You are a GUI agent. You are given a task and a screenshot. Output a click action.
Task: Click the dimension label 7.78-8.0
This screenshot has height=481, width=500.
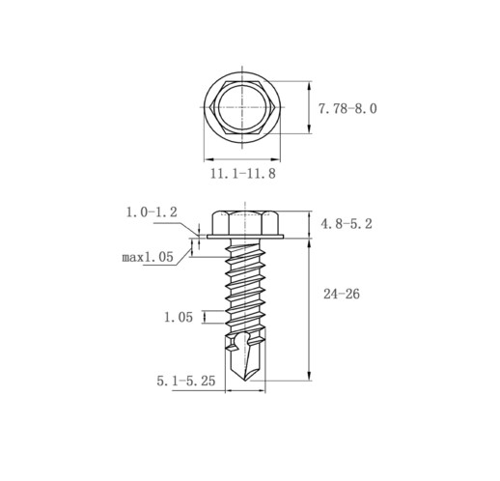pyautogui.click(x=347, y=108)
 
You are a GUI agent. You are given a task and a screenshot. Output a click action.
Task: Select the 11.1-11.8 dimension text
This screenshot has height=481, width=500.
pyautogui.click(x=243, y=174)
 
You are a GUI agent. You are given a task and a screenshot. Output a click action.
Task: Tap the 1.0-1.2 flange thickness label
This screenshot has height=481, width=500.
pyautogui.click(x=152, y=212)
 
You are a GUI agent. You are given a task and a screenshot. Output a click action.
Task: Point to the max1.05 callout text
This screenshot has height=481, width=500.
pyautogui.click(x=148, y=257)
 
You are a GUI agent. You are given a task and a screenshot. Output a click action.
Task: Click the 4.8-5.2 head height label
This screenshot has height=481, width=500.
pyautogui.click(x=347, y=224)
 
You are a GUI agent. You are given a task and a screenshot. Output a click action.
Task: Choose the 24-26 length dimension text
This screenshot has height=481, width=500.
pyautogui.click(x=342, y=294)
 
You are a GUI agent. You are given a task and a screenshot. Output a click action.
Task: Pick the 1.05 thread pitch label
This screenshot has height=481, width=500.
pyautogui.click(x=179, y=318)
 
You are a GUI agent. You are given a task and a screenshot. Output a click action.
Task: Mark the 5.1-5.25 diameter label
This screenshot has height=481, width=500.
pyautogui.click(x=186, y=382)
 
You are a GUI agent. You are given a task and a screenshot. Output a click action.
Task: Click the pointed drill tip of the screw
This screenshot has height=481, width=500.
pyautogui.click(x=245, y=381)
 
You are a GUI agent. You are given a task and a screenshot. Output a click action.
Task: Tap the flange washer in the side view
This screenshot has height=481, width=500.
pyautogui.click(x=245, y=237)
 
